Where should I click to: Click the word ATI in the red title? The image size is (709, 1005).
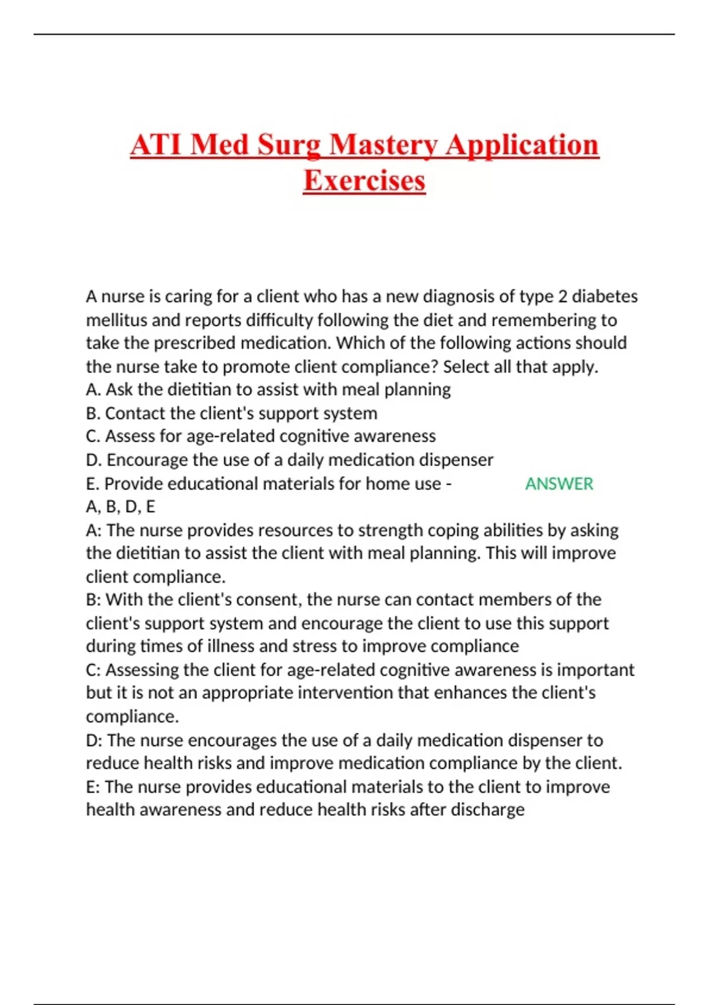click(156, 145)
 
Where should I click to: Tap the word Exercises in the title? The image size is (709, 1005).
click(364, 180)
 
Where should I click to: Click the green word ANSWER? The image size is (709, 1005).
click(559, 484)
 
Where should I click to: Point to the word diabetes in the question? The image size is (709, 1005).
click(604, 296)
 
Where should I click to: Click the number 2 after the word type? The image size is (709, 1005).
click(562, 296)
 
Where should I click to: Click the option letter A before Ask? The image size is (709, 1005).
click(92, 390)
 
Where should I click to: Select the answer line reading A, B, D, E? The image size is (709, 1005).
click(121, 507)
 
